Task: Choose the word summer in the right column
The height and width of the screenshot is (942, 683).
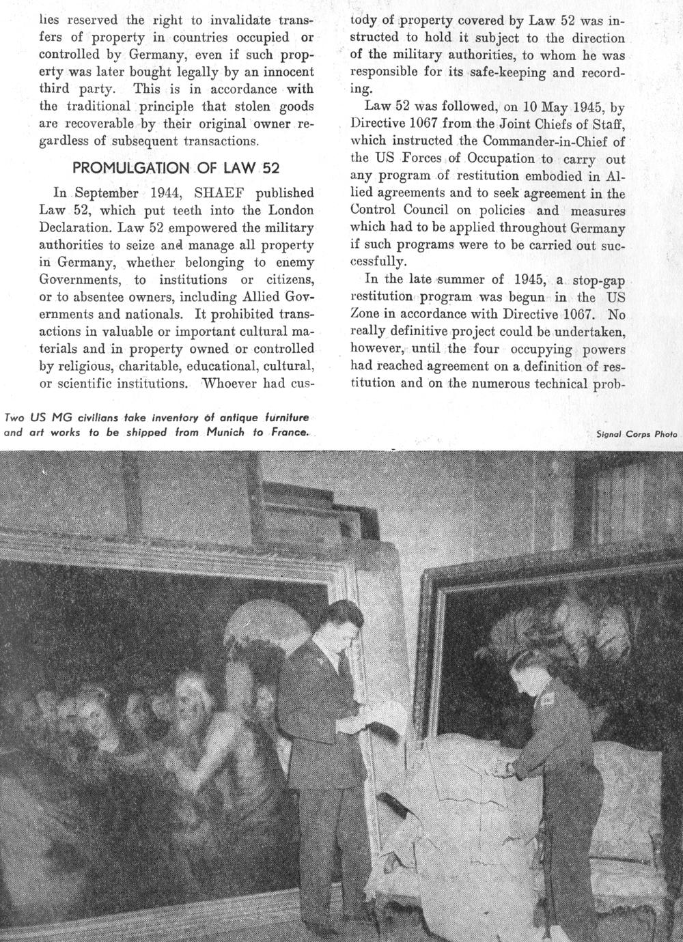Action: pos(466,280)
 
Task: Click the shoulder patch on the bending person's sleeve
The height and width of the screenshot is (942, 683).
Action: pos(547,693)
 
